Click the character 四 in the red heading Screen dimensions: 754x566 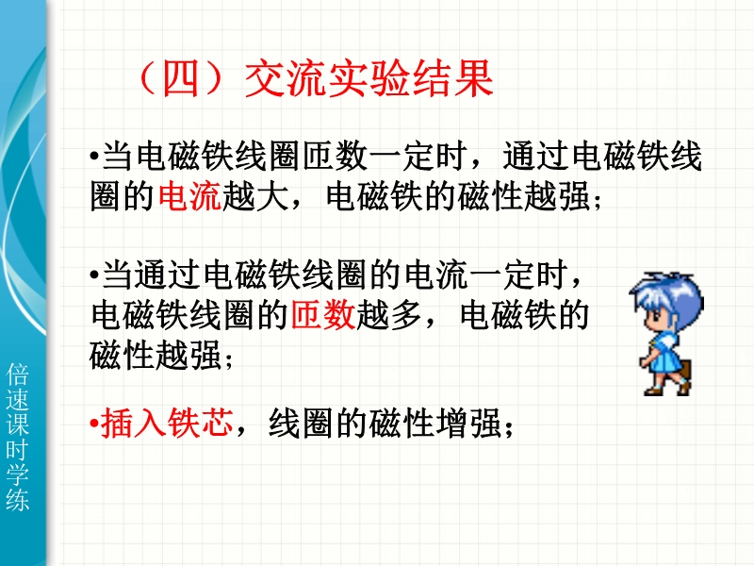point(181,78)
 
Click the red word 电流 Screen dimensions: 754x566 point(189,196)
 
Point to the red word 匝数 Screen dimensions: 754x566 point(323,315)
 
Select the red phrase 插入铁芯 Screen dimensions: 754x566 point(167,423)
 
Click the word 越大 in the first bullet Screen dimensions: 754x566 point(254,196)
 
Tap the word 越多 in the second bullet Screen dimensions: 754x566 point(388,315)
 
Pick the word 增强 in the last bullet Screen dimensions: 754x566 point(468,423)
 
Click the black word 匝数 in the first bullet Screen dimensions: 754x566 point(336,156)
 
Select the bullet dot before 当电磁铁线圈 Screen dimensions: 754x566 point(94,156)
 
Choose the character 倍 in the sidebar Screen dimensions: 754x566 point(17,374)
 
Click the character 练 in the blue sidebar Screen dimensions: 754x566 point(17,499)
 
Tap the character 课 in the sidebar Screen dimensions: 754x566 point(17,424)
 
